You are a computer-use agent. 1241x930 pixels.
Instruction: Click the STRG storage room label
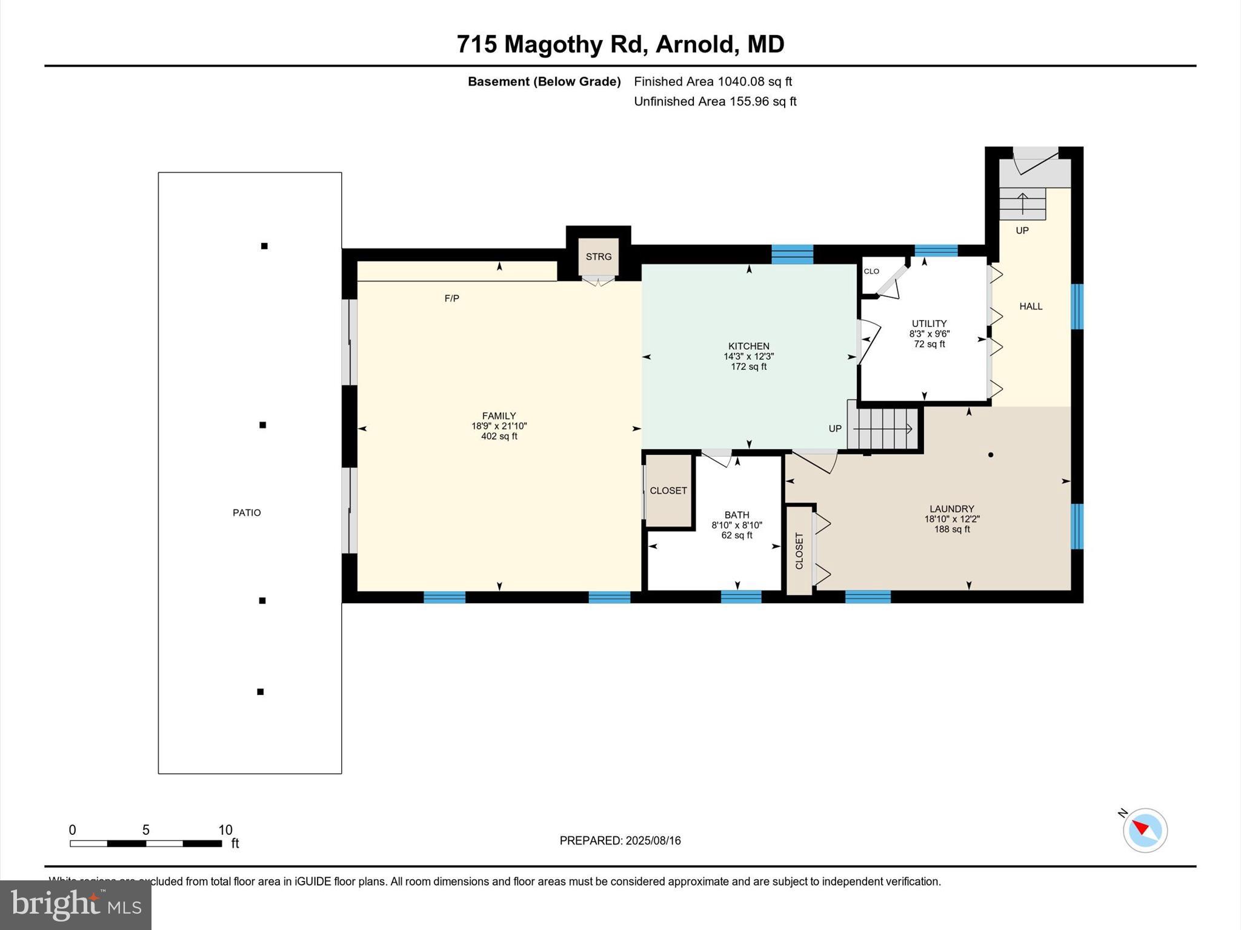598,257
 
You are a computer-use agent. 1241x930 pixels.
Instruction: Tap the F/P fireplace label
451,298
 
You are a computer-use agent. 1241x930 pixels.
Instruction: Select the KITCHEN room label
748,346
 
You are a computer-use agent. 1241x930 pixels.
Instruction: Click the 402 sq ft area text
499,437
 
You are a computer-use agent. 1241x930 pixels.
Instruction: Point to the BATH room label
736,515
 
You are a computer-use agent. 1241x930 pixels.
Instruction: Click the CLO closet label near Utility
871,271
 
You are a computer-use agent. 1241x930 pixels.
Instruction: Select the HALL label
1030,306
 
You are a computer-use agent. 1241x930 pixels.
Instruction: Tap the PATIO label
247,513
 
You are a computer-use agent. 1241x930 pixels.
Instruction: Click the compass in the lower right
1145,830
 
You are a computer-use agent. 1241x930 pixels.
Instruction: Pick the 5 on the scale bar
145,830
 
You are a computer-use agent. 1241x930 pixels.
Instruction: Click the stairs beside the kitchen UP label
883,429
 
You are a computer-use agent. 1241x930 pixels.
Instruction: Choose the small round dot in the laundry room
991,455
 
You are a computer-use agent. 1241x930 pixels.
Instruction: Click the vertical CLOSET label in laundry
799,550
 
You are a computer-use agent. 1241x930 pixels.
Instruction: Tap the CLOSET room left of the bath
668,490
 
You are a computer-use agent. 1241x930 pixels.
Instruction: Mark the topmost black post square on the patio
264,246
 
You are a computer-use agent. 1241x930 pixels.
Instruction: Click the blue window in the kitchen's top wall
792,254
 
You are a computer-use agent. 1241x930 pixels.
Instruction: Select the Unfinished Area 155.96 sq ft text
715,102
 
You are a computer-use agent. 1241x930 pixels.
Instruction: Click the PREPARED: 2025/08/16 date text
620,840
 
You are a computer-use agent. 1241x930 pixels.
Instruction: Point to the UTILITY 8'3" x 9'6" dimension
929,334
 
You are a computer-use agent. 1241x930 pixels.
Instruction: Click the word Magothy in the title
554,44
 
